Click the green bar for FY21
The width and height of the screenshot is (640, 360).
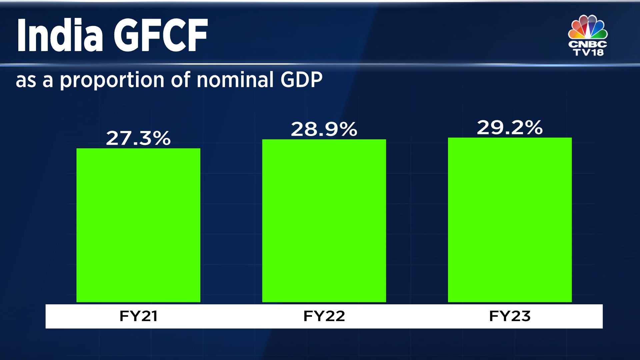pos(138,225)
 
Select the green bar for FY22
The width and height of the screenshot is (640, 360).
pos(324,221)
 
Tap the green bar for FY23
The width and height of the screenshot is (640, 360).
pos(510,220)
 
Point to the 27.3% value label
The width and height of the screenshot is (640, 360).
pos(138,138)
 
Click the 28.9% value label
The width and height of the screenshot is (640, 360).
pos(324,129)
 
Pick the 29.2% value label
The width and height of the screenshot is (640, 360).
pos(510,128)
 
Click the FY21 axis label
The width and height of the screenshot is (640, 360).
pos(138,316)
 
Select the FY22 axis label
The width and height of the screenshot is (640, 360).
pos(324,316)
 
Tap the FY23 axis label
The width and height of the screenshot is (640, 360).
pos(510,316)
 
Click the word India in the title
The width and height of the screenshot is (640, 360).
pos(60,35)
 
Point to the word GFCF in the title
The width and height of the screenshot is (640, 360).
pos(161,35)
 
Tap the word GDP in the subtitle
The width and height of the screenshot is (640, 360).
pos(301,80)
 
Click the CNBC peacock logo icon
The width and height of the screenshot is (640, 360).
pos(588,27)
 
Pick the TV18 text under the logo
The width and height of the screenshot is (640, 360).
pos(588,52)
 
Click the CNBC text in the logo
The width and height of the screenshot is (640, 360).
pos(588,44)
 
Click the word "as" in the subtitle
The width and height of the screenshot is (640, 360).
pos(26,81)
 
